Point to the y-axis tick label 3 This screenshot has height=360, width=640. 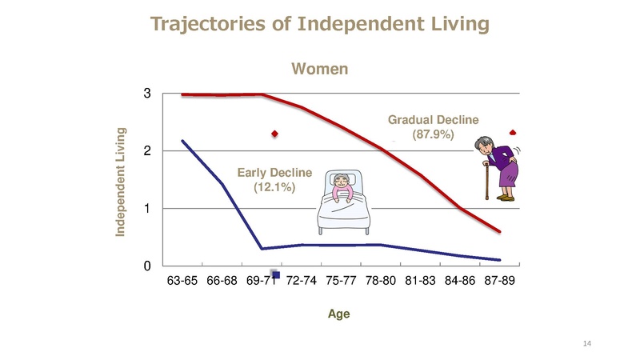coord(148,94)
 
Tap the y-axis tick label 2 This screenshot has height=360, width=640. coord(148,151)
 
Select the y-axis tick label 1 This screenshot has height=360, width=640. coord(148,209)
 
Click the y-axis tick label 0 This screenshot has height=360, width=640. coord(148,266)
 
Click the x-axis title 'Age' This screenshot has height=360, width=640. coord(339,314)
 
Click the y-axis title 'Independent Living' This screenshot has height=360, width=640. coord(121,181)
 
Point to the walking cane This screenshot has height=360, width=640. coord(485,182)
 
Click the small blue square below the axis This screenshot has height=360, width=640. coord(276,275)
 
